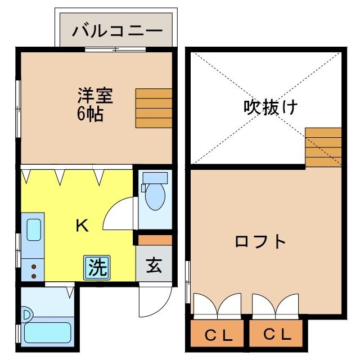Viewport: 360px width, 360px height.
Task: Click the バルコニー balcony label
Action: [117, 29]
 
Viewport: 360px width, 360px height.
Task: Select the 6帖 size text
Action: [90, 114]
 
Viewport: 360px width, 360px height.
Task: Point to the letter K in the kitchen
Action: [82, 226]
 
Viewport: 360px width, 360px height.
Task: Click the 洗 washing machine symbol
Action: [97, 267]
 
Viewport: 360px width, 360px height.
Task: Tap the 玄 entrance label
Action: [154, 265]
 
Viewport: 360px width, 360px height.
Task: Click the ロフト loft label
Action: [260, 242]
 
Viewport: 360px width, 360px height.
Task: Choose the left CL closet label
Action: [218, 336]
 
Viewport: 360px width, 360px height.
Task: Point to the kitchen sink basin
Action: [33, 231]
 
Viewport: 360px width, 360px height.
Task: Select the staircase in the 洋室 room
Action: [153, 108]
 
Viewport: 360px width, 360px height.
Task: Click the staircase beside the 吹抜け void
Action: [323, 146]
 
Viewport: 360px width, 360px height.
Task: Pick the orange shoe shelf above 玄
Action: [154, 240]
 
